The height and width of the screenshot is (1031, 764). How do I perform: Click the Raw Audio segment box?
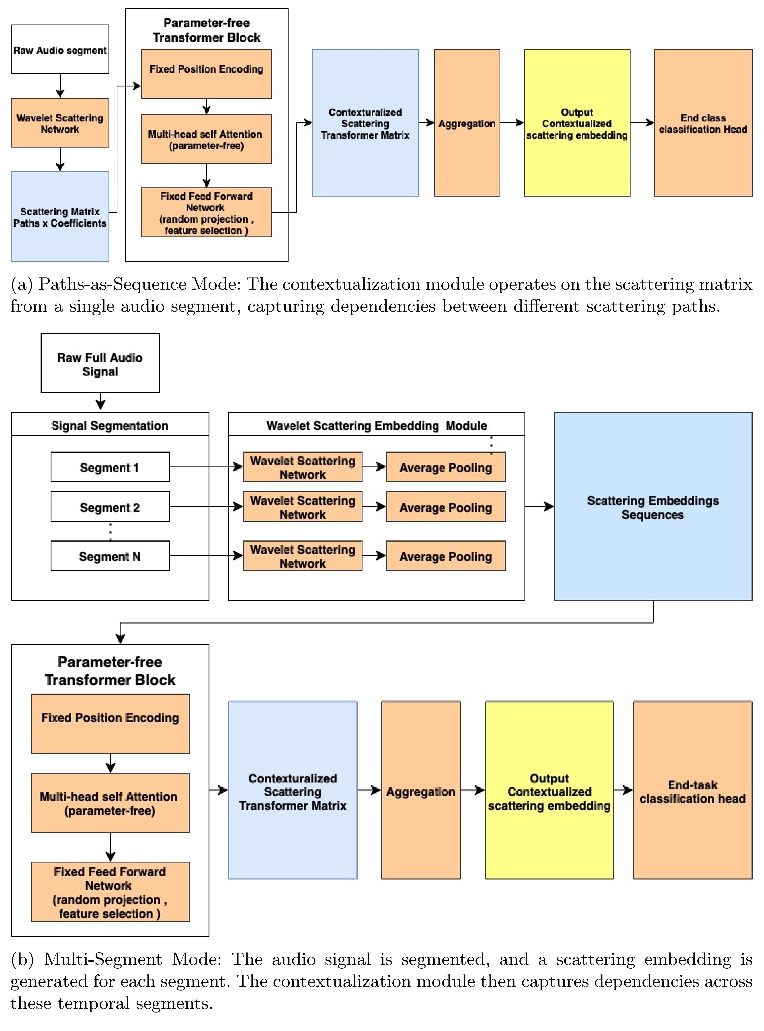(60, 49)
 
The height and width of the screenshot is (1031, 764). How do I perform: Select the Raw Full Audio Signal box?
(100, 364)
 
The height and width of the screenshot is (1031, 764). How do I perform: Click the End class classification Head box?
(703, 123)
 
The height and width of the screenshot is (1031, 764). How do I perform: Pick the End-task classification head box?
(692, 791)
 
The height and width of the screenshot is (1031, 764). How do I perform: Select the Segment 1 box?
(110, 467)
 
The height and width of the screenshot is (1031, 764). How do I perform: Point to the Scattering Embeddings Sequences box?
(653, 507)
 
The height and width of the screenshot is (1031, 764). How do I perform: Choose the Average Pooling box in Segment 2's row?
(445, 507)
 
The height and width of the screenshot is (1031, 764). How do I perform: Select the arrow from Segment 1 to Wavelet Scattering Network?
(206, 467)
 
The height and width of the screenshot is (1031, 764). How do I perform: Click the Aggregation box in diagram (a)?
(467, 123)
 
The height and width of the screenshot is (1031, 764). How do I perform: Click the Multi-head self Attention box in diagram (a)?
(206, 139)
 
